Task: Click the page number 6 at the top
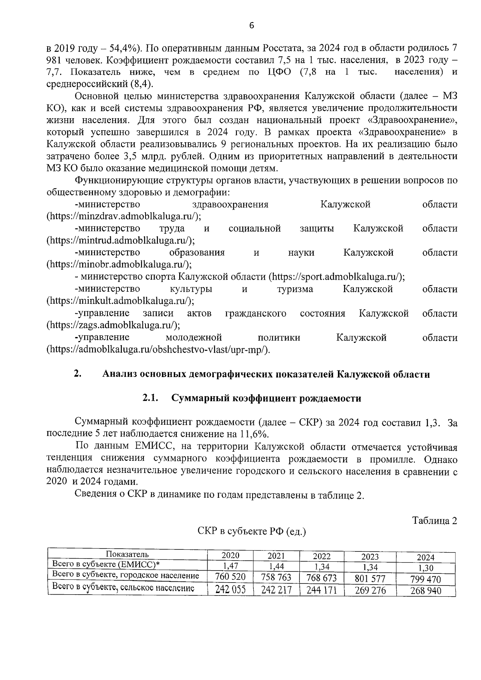coord(251,26)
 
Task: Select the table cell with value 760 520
coord(230,577)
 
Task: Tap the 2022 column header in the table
coord(321,556)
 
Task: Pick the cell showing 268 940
coord(425,591)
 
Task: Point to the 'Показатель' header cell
coord(127,555)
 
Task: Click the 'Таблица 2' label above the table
coord(435,521)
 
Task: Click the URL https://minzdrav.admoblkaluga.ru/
coord(124,216)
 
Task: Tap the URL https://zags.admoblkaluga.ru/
coord(113,325)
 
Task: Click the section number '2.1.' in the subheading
coord(151,398)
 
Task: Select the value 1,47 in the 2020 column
coord(230,566)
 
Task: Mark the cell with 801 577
coord(370,579)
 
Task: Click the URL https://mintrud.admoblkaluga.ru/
coord(121,240)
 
